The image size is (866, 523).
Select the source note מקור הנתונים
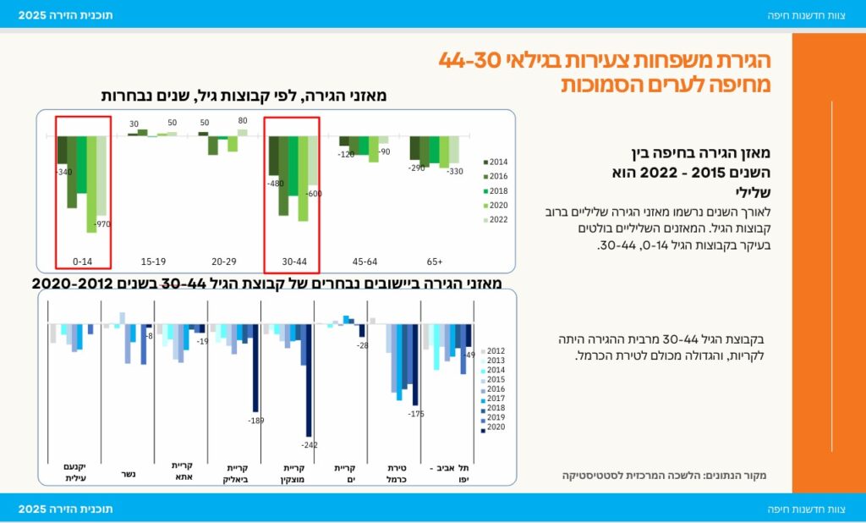(x=664, y=476)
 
